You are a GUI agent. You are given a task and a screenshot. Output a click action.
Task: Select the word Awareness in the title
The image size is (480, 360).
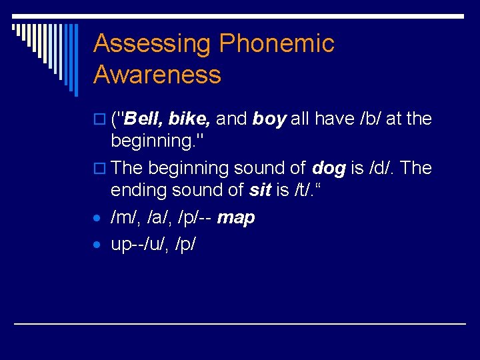pos(157,75)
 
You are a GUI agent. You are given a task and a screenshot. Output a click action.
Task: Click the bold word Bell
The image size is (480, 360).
pos(143,119)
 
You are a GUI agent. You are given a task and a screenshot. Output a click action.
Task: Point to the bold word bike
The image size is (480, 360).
pos(190,119)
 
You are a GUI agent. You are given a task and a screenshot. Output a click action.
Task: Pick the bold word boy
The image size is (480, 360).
pos(269,119)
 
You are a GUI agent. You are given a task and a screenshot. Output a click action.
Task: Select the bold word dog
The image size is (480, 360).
pos(328,169)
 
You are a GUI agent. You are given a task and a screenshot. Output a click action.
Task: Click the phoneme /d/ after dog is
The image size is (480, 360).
pos(379,169)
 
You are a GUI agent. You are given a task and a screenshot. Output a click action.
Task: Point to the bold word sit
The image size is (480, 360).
pos(259,191)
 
